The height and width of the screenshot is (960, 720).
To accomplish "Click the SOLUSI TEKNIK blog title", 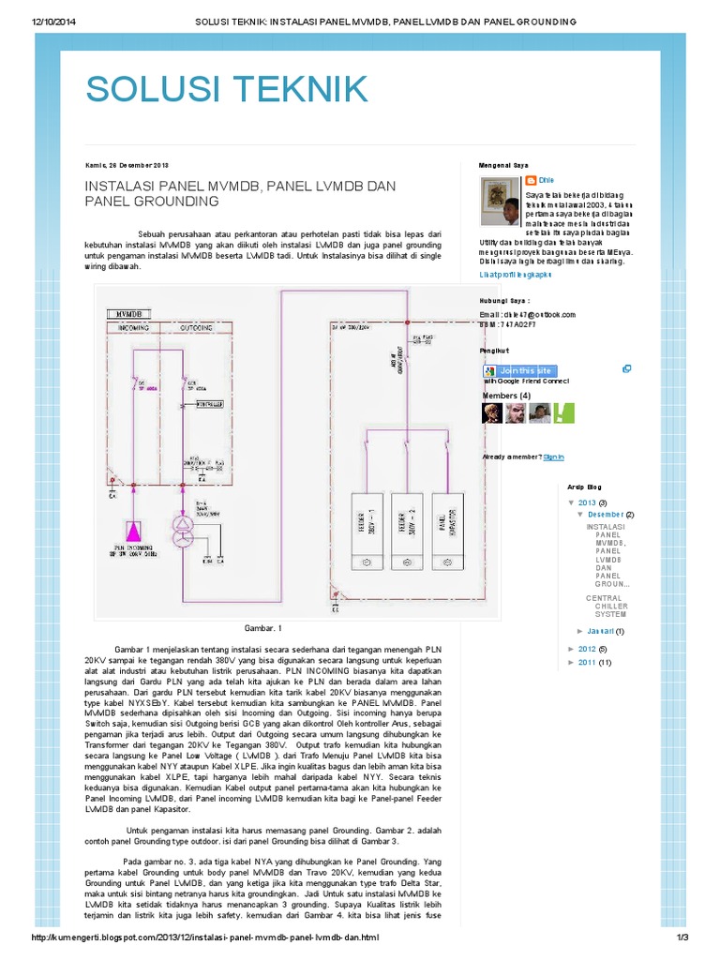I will click(226, 88).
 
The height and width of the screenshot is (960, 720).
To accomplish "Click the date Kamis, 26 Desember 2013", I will click(127, 165).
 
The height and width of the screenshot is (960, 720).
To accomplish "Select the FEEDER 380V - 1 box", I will click(366, 531).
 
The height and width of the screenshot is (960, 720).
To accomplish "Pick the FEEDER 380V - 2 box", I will click(406, 531).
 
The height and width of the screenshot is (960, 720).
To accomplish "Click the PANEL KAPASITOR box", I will click(446, 531).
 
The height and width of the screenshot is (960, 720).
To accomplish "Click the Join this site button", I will click(526, 370).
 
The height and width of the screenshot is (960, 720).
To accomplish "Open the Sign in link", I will click(553, 457).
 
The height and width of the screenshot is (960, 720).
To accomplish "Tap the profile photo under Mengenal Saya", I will click(501, 204).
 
